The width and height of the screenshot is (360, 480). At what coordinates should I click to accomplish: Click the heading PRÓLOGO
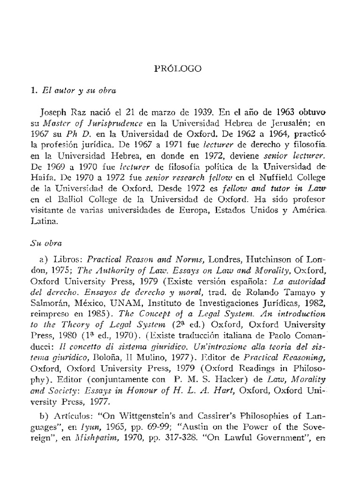tap(178, 68)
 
